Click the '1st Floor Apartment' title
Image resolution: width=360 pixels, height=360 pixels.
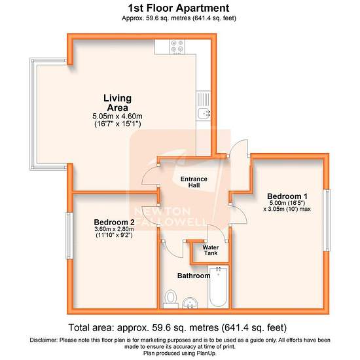click(x=179, y=9)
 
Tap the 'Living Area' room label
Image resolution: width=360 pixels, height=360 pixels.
click(x=118, y=103)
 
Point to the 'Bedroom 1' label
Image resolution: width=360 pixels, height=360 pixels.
click(x=287, y=196)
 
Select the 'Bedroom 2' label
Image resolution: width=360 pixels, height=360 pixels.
click(x=114, y=223)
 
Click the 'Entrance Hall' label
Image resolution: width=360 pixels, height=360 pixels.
click(x=194, y=182)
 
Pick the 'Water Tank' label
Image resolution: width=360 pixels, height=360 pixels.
click(x=211, y=250)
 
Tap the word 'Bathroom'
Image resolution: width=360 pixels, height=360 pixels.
click(x=194, y=276)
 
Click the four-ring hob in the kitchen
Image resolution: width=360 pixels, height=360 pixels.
click(x=177, y=47)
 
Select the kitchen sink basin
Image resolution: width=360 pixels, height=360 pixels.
click(x=204, y=113)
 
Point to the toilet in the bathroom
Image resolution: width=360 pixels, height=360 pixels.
click(x=171, y=298)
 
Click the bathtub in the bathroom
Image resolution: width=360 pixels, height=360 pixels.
click(x=218, y=287)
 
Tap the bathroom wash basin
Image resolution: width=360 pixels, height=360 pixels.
click(x=190, y=303)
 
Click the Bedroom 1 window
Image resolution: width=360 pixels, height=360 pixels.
click(x=327, y=220)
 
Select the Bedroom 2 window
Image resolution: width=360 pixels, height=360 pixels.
click(x=69, y=236)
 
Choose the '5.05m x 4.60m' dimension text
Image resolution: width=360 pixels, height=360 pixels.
click(x=117, y=116)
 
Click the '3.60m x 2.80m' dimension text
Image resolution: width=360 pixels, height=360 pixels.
click(x=114, y=229)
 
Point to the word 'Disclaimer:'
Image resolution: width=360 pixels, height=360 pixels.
click(x=43, y=340)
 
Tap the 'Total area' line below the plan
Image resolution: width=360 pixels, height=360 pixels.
click(x=177, y=327)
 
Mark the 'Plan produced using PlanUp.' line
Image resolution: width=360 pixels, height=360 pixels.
click(x=180, y=353)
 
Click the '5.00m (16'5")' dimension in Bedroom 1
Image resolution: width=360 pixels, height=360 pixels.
click(x=287, y=203)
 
